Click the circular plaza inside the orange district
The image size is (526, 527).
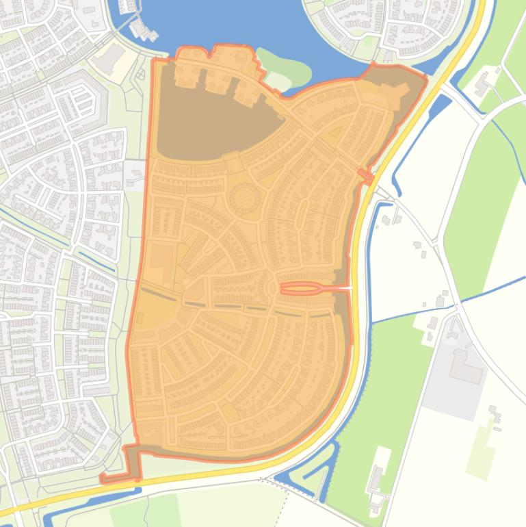(x=244, y=198)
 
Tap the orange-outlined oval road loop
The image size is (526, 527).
(x=301, y=288)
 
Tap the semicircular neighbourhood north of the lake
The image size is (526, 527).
(x=383, y=27)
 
